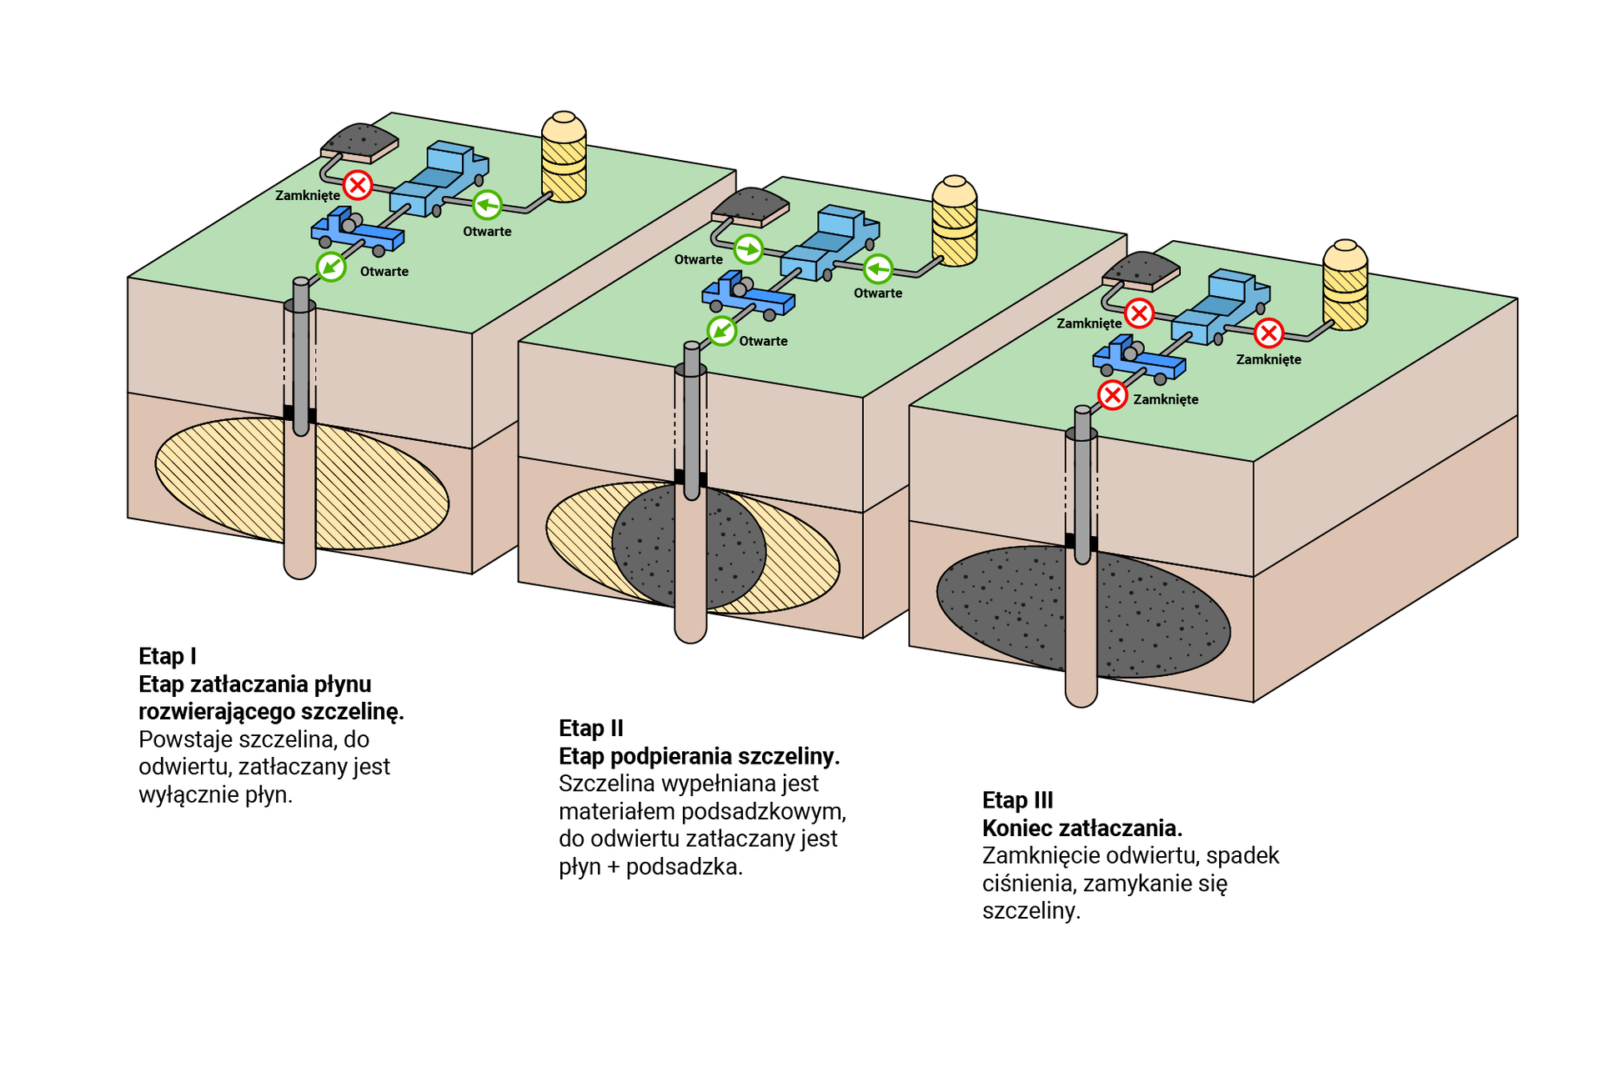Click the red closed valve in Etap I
[x=358, y=185]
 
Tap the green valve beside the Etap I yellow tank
[x=487, y=204]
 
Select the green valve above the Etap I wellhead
[x=331, y=267]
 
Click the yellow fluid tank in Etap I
[x=564, y=158]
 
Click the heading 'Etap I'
[x=168, y=656]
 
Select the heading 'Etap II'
[x=591, y=728]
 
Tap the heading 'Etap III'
[x=1017, y=800]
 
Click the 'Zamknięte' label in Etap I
[x=308, y=195]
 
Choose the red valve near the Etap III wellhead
[x=1112, y=395]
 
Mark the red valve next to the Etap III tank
[x=1268, y=333]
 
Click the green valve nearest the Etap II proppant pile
[x=748, y=249]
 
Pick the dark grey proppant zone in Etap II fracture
[x=650, y=546]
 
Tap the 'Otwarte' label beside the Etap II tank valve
[x=877, y=293]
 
